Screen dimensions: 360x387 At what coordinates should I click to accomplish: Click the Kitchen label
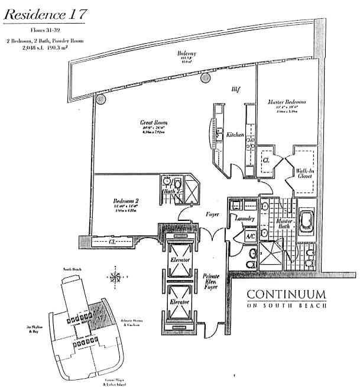pos(235,135)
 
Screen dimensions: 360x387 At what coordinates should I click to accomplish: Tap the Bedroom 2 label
pos(125,202)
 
